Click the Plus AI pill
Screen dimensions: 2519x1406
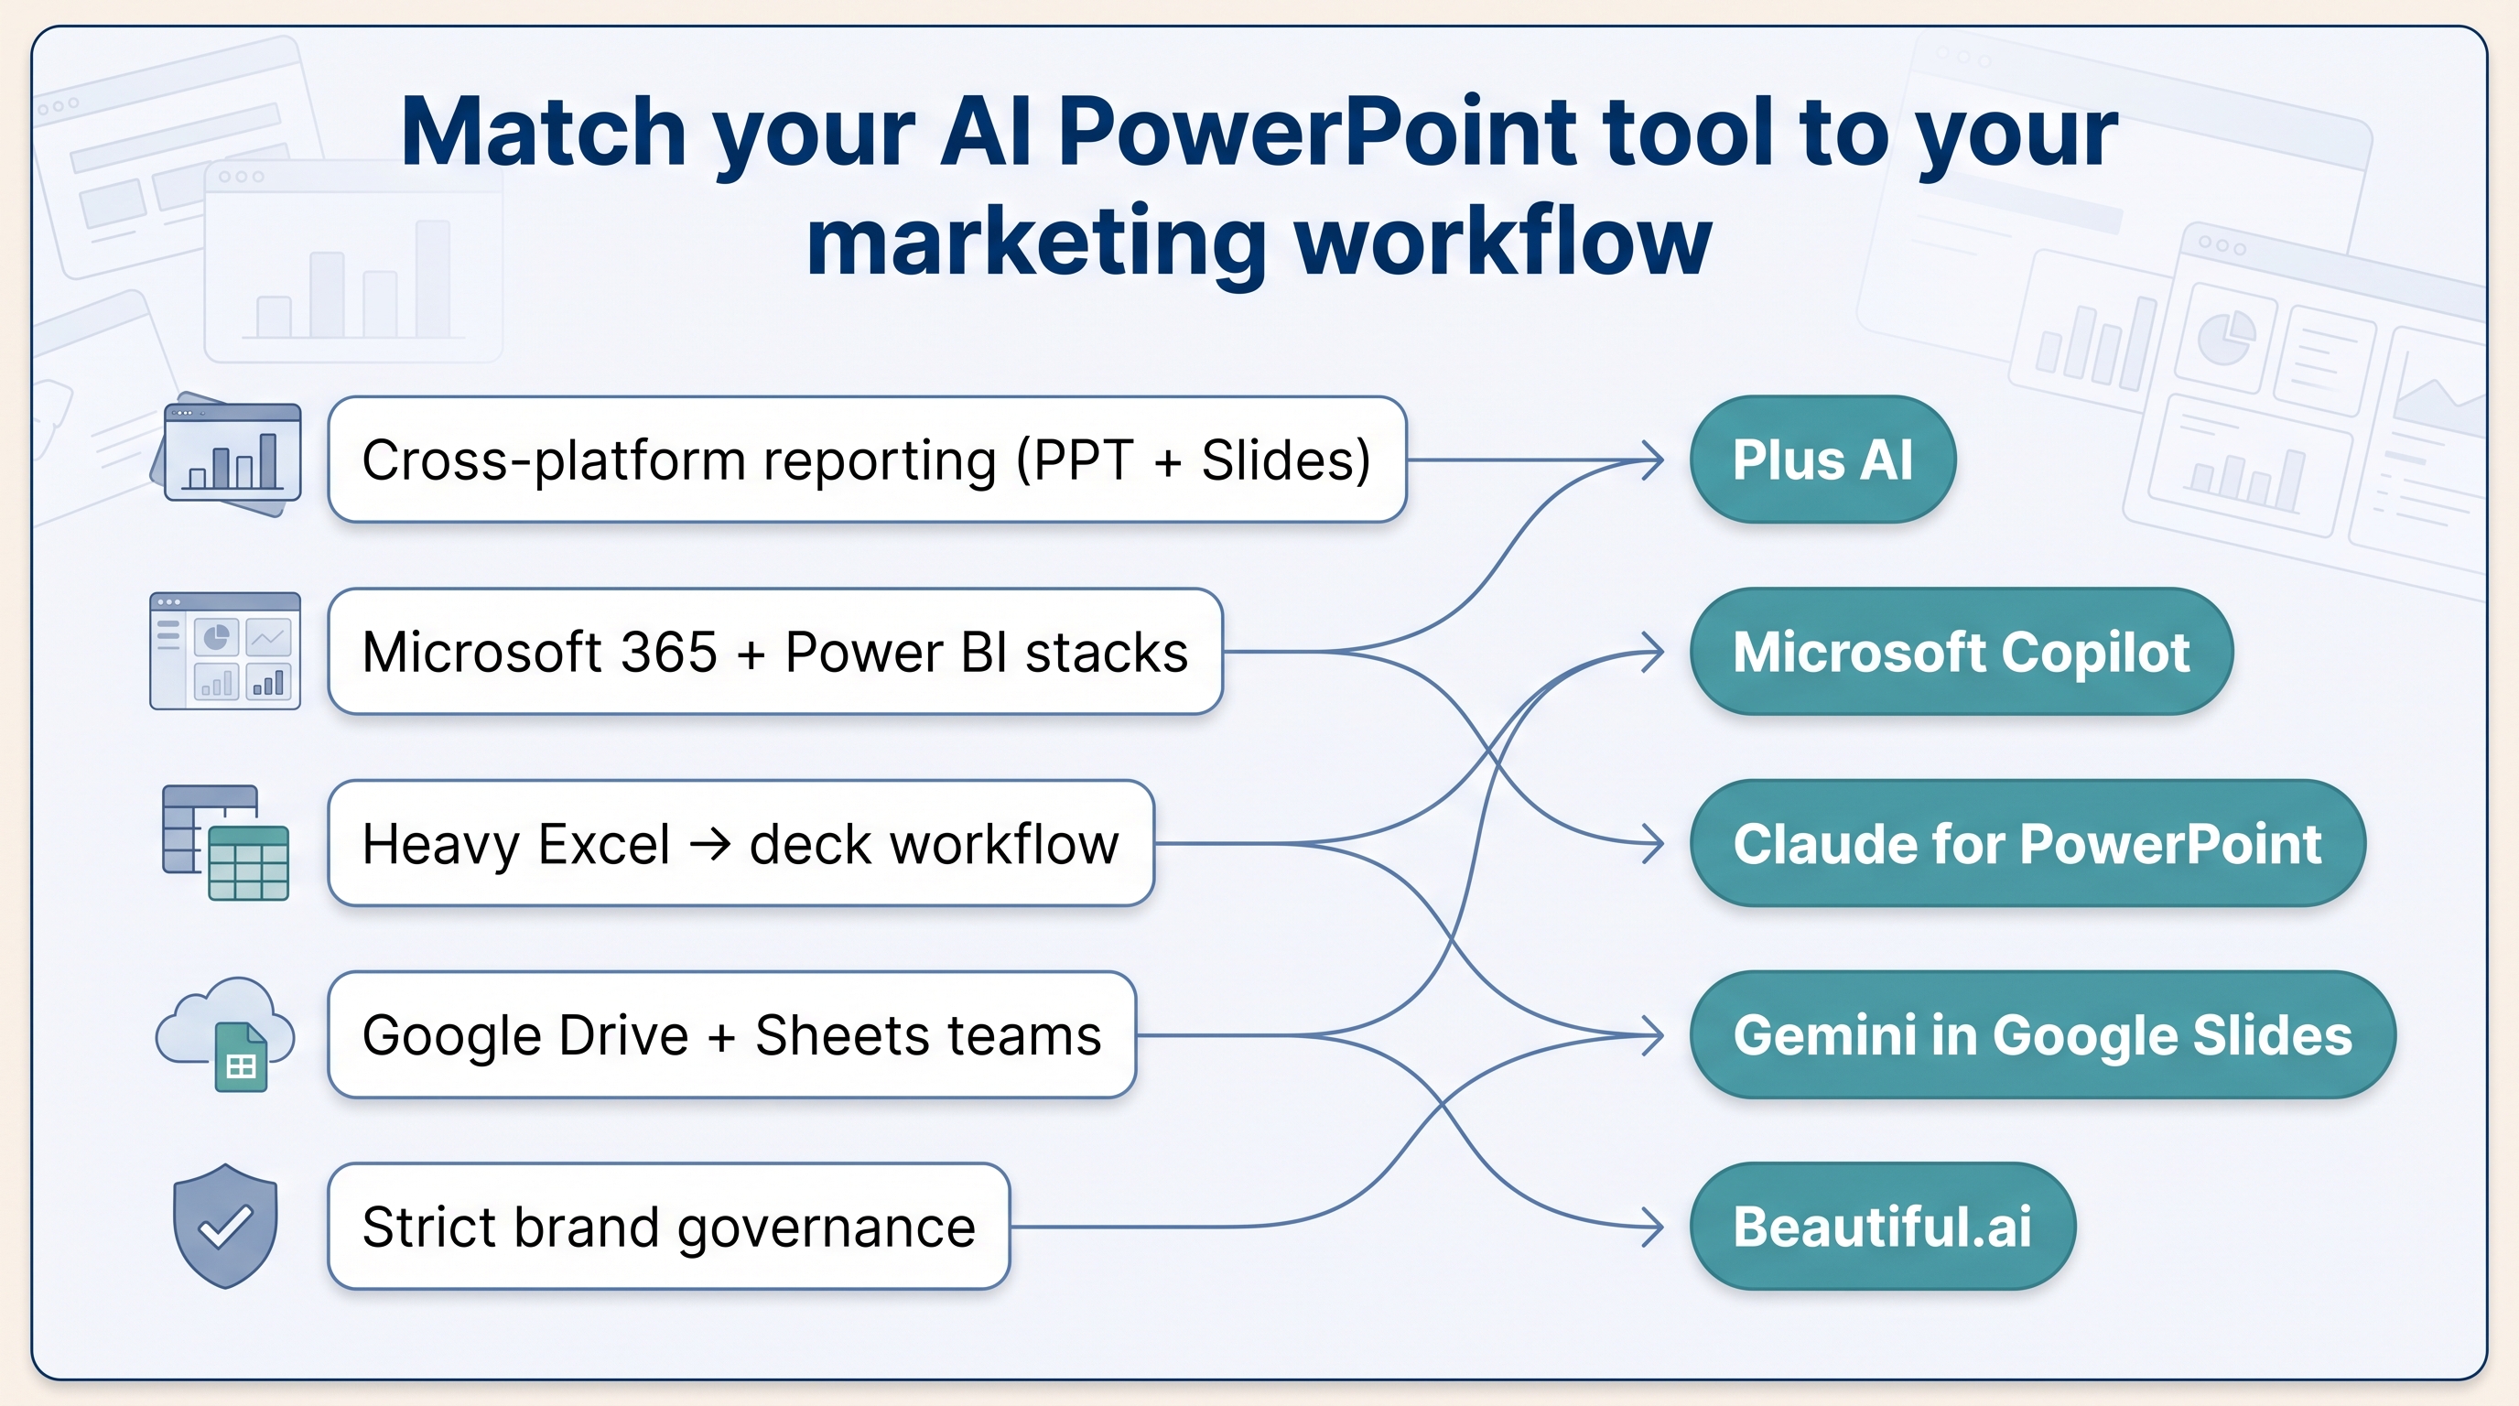pyautogui.click(x=1822, y=460)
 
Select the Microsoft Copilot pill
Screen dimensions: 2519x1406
pyautogui.click(x=1962, y=651)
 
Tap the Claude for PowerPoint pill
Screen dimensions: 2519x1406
pyautogui.click(x=2027, y=843)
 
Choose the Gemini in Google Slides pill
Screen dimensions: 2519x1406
pyautogui.click(x=2043, y=1034)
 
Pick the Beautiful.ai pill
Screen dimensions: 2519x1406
pyautogui.click(x=1883, y=1226)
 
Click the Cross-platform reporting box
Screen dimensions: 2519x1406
pyautogui.click(x=868, y=460)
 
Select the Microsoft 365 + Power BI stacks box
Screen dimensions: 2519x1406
pyautogui.click(x=775, y=651)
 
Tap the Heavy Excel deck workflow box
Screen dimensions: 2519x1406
pyautogui.click(x=741, y=843)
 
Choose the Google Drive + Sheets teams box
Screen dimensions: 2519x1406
pyautogui.click(x=731, y=1034)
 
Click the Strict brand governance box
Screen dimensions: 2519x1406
pyautogui.click(x=669, y=1226)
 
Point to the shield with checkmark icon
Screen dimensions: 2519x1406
pyautogui.click(x=225, y=1226)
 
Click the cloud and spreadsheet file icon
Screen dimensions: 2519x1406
pyautogui.click(x=225, y=1033)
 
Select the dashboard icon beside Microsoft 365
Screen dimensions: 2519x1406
pyautogui.click(x=225, y=650)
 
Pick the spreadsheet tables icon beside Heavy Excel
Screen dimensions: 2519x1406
pyautogui.click(x=225, y=842)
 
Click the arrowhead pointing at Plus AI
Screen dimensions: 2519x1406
pyautogui.click(x=1652, y=460)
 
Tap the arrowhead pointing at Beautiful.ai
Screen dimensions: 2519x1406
pyautogui.click(x=1652, y=1226)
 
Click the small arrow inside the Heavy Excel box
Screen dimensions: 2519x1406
pyautogui.click(x=710, y=844)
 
